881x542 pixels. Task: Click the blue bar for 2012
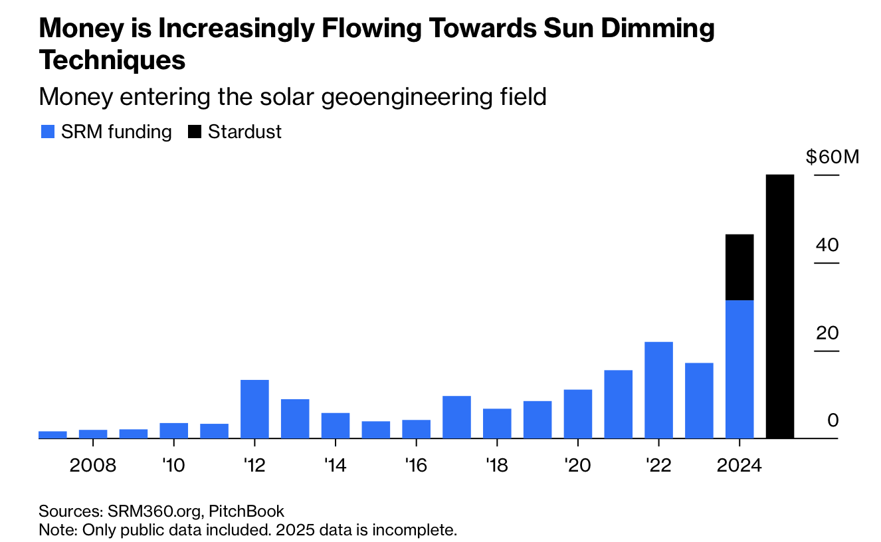254,409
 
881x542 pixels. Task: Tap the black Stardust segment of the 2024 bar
739,267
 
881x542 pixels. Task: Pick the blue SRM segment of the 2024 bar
739,369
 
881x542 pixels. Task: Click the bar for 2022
658,390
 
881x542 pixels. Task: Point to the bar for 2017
456,417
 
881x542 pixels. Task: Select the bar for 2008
93,434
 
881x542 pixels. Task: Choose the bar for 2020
578,414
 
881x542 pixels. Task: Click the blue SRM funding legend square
47,132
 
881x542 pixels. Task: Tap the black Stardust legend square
195,132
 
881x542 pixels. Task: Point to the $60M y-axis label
832,157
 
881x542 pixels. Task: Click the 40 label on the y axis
828,245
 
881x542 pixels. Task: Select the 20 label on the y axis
828,333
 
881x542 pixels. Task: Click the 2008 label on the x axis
93,464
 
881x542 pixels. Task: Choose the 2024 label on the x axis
739,464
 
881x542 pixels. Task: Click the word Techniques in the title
112,60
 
